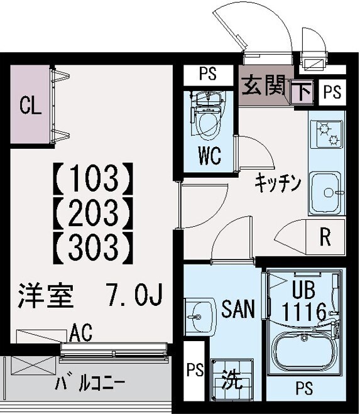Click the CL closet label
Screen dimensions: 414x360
click(x=30, y=105)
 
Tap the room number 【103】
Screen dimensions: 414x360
click(x=92, y=178)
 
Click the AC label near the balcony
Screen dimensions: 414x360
click(x=81, y=332)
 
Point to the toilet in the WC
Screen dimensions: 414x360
click(x=206, y=117)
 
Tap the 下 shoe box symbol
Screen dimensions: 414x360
click(x=303, y=93)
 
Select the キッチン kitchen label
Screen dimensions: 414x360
click(x=278, y=184)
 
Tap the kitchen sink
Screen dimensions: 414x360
click(x=326, y=188)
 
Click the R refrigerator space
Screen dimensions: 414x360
click(x=325, y=237)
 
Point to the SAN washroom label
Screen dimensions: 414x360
click(x=238, y=309)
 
